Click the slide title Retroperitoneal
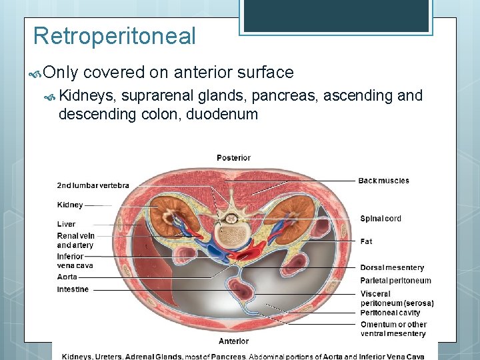(x=114, y=35)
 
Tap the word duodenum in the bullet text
(x=222, y=114)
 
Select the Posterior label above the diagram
(x=233, y=158)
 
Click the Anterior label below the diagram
(x=233, y=341)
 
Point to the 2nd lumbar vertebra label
(x=93, y=185)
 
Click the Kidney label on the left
(x=70, y=205)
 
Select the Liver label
(x=66, y=224)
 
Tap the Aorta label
(x=67, y=277)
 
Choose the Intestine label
(x=73, y=289)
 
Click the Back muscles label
(x=383, y=181)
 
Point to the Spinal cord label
(x=381, y=219)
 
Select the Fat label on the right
(x=366, y=241)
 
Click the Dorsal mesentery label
(x=392, y=268)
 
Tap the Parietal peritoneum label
(x=395, y=281)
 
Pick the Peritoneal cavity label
(x=390, y=313)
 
